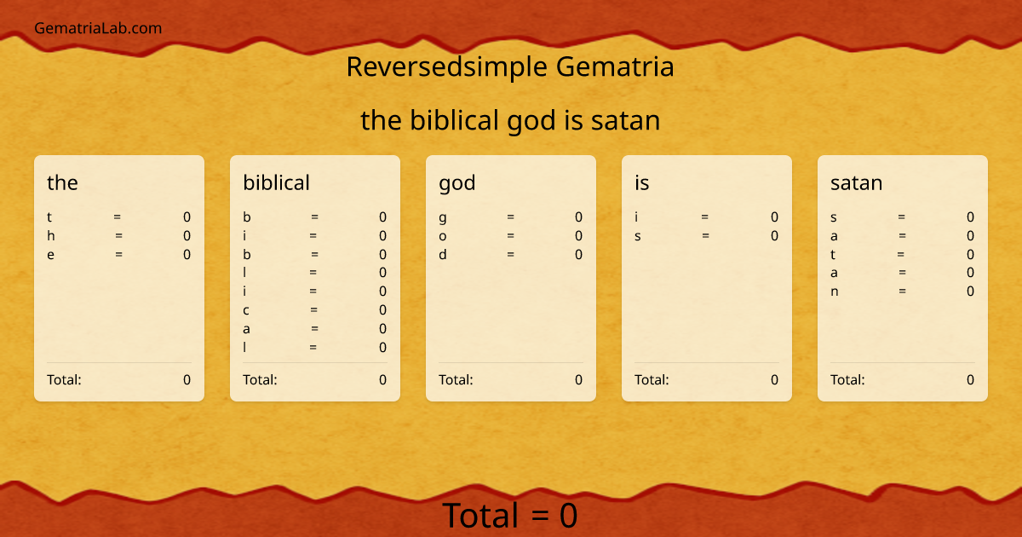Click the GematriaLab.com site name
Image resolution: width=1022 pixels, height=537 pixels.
coord(98,28)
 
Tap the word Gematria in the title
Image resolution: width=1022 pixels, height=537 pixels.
coord(614,66)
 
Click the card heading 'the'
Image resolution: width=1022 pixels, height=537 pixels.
coord(62,182)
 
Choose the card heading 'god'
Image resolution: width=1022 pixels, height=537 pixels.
coord(457,182)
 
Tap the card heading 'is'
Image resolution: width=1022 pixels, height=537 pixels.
coord(642,182)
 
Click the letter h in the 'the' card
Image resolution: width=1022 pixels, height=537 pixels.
coord(51,236)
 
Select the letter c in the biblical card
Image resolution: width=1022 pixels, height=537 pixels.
coord(246,310)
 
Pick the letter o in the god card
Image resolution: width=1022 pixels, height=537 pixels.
coord(443,236)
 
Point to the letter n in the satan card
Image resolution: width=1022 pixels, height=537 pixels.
coord(835,292)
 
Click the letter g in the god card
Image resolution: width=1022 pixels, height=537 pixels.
coord(443,218)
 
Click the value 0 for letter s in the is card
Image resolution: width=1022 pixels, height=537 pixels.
coord(774,236)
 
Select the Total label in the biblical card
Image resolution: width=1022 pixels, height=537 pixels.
coord(260,380)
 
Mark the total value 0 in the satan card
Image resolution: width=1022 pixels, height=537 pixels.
coord(970,380)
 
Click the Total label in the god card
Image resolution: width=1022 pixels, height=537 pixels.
coord(456,380)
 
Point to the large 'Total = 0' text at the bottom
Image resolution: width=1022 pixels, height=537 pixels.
coord(510,516)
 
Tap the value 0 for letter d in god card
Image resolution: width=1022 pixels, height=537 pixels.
coord(578,254)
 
